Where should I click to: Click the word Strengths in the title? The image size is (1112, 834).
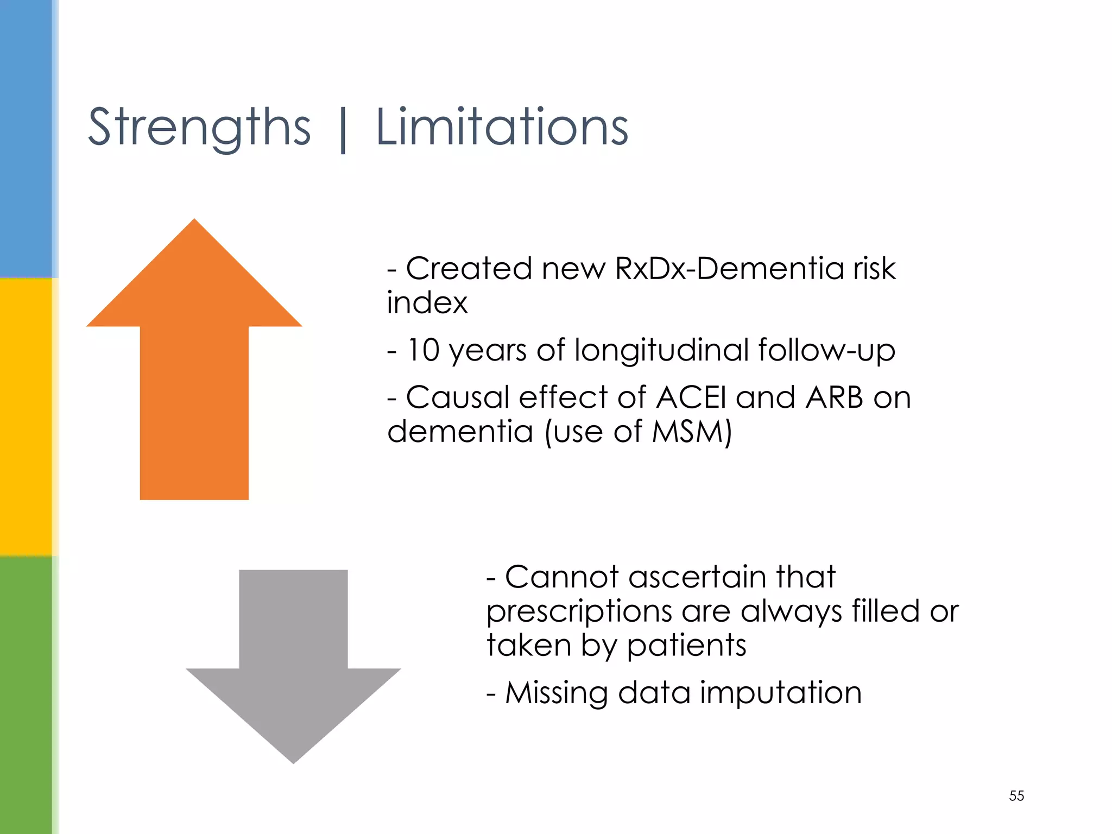pyautogui.click(x=199, y=128)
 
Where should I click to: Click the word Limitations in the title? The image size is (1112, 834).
pyautogui.click(x=502, y=128)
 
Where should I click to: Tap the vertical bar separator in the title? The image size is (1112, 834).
pyautogui.click(x=343, y=130)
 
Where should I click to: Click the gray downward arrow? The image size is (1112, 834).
pyautogui.click(x=293, y=679)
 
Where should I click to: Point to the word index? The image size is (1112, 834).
pyautogui.click(x=427, y=302)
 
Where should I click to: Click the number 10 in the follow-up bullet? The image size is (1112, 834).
pyautogui.click(x=423, y=350)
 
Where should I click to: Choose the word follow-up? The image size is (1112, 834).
pyautogui.click(x=826, y=351)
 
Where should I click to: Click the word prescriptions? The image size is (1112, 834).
pyautogui.click(x=579, y=612)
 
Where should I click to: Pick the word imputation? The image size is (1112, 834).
pyautogui.click(x=780, y=693)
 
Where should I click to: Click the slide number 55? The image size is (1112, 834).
pyautogui.click(x=1016, y=795)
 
